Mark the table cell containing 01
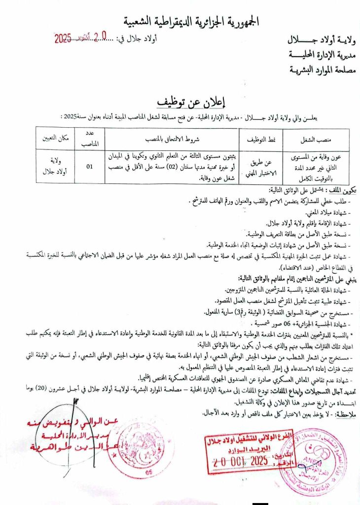tap(90, 167)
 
